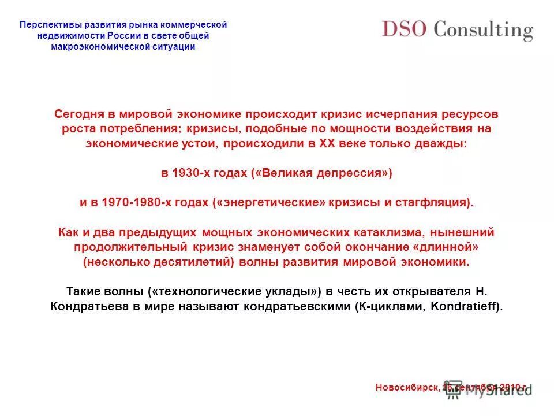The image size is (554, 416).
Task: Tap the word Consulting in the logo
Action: [x=483, y=30]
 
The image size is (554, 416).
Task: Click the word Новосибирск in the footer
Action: [x=407, y=387]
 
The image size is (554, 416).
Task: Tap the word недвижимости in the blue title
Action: [x=65, y=36]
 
